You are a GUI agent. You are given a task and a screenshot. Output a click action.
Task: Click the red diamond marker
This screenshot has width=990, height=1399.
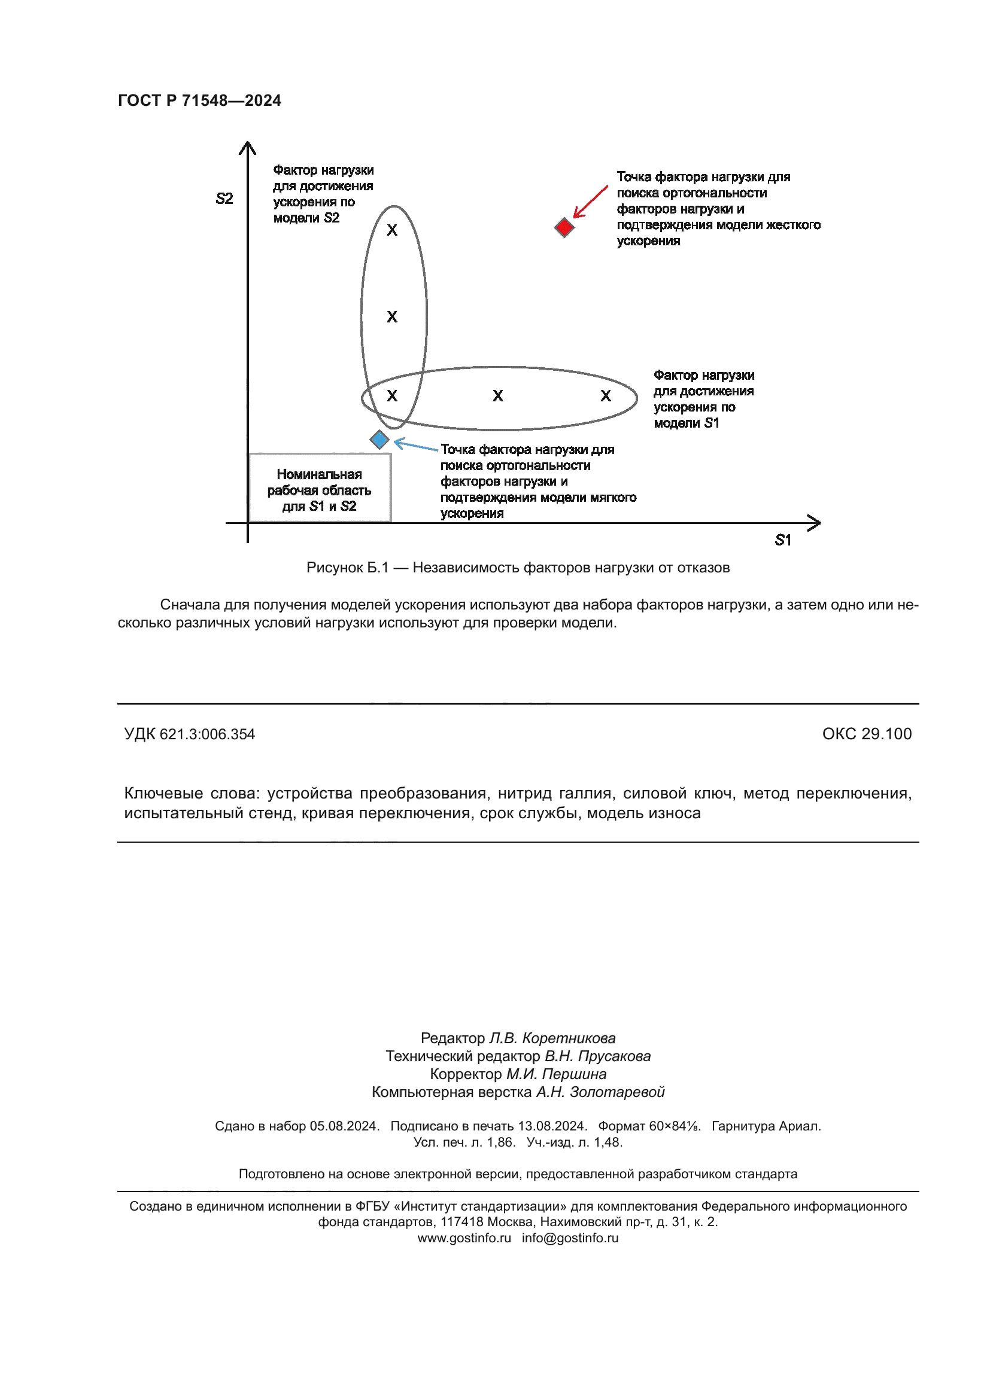[x=564, y=228]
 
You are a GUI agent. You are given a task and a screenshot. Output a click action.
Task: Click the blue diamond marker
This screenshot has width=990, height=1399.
[x=379, y=440]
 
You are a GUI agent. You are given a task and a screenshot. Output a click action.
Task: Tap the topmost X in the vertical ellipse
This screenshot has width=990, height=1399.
[x=392, y=230]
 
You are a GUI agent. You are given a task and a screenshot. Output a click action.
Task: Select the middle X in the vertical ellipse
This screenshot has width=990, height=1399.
[x=392, y=317]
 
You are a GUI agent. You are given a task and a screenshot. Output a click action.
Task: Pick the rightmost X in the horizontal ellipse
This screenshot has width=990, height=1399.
[x=605, y=396]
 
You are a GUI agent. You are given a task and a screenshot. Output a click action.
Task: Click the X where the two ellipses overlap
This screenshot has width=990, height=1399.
[x=392, y=396]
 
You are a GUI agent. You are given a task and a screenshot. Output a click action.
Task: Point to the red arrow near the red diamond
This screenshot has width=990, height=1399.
[x=590, y=202]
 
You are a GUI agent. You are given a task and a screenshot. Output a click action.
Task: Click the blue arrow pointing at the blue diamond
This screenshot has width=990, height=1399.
[x=416, y=446]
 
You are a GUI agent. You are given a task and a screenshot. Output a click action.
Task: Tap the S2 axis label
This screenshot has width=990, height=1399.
[x=224, y=199]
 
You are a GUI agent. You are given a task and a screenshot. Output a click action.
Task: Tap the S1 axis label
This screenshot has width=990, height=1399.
[x=783, y=540]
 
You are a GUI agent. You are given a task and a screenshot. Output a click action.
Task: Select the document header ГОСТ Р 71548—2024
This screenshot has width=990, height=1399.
[x=199, y=100]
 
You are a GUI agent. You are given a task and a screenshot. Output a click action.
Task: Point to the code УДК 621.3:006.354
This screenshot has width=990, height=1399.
[x=190, y=734]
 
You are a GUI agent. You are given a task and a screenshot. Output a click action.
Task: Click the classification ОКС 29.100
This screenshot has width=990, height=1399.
[x=866, y=734]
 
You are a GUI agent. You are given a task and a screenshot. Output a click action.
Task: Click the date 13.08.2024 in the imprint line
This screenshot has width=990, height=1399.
[x=552, y=1126]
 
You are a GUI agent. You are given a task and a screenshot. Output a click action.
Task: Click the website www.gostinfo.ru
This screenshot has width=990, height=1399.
[x=464, y=1238]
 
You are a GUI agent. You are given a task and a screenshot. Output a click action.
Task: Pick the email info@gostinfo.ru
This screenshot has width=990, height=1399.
[x=570, y=1238]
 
